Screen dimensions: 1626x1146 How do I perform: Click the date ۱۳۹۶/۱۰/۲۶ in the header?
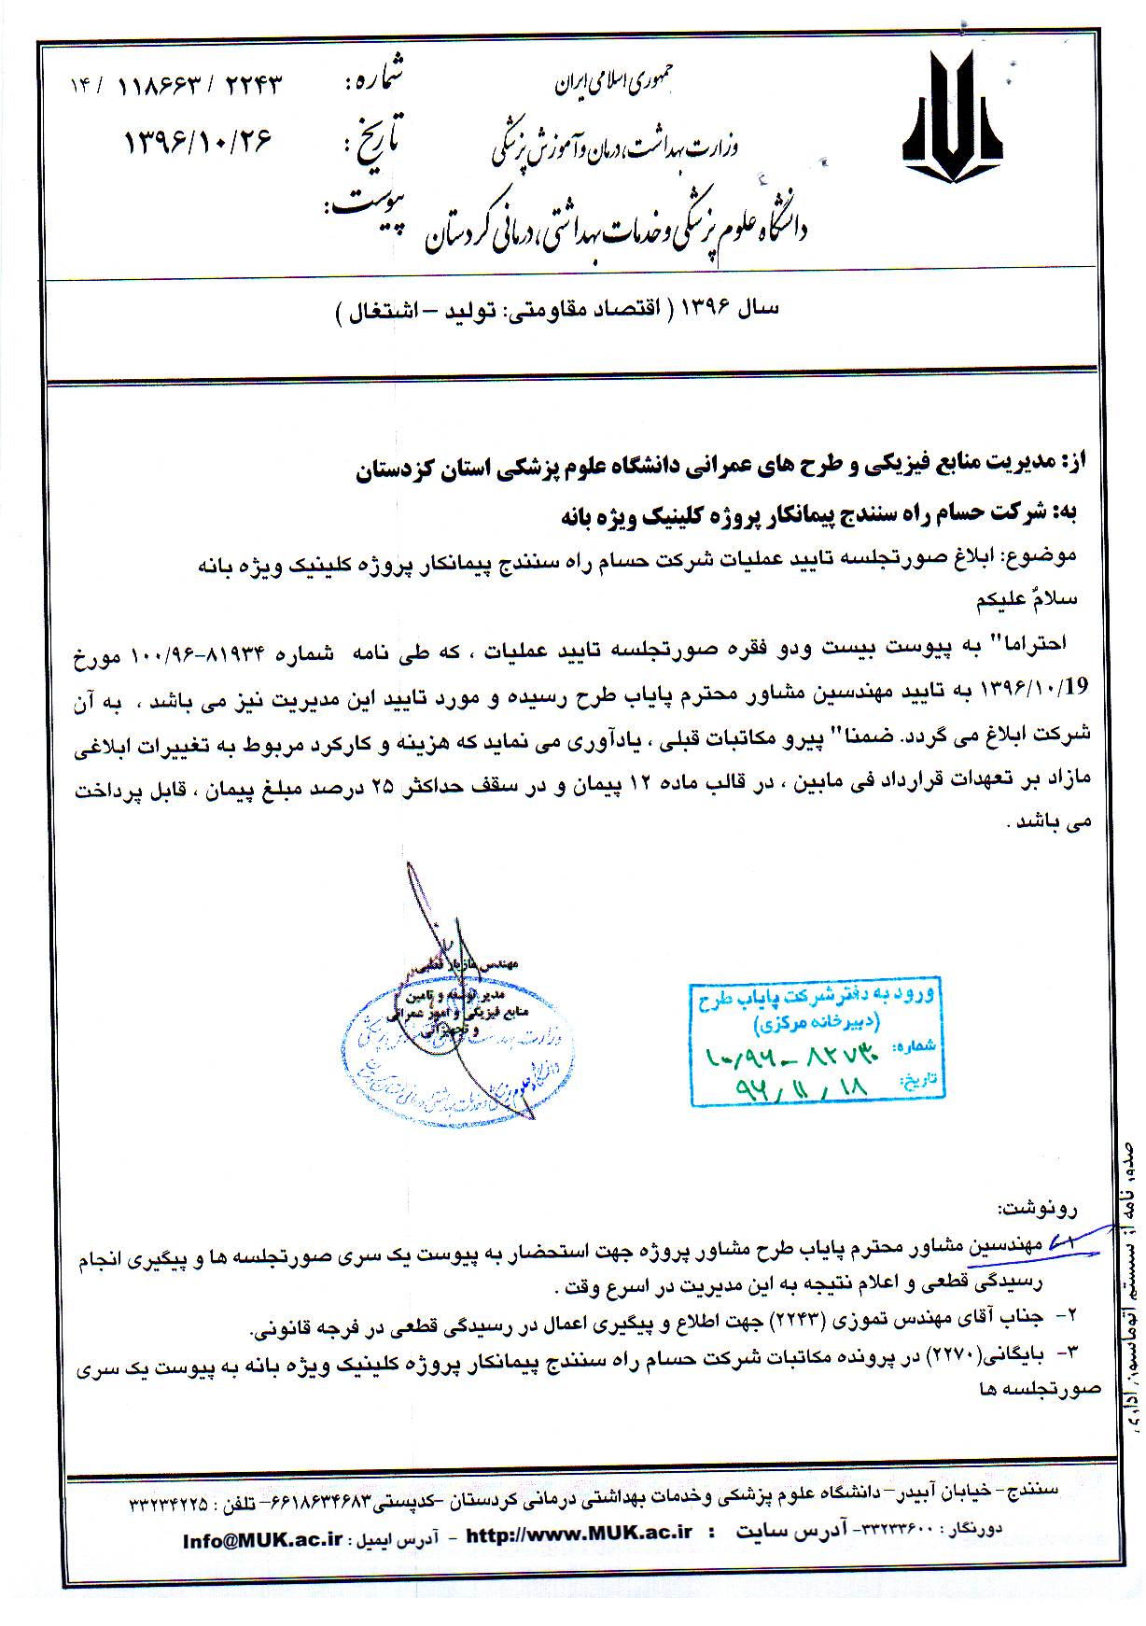(x=198, y=142)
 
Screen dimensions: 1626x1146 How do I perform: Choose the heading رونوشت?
(x=1039, y=1209)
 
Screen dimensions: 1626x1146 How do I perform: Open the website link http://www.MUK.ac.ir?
(x=579, y=1534)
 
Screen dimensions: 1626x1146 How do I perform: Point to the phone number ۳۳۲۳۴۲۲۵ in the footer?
(x=169, y=1505)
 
